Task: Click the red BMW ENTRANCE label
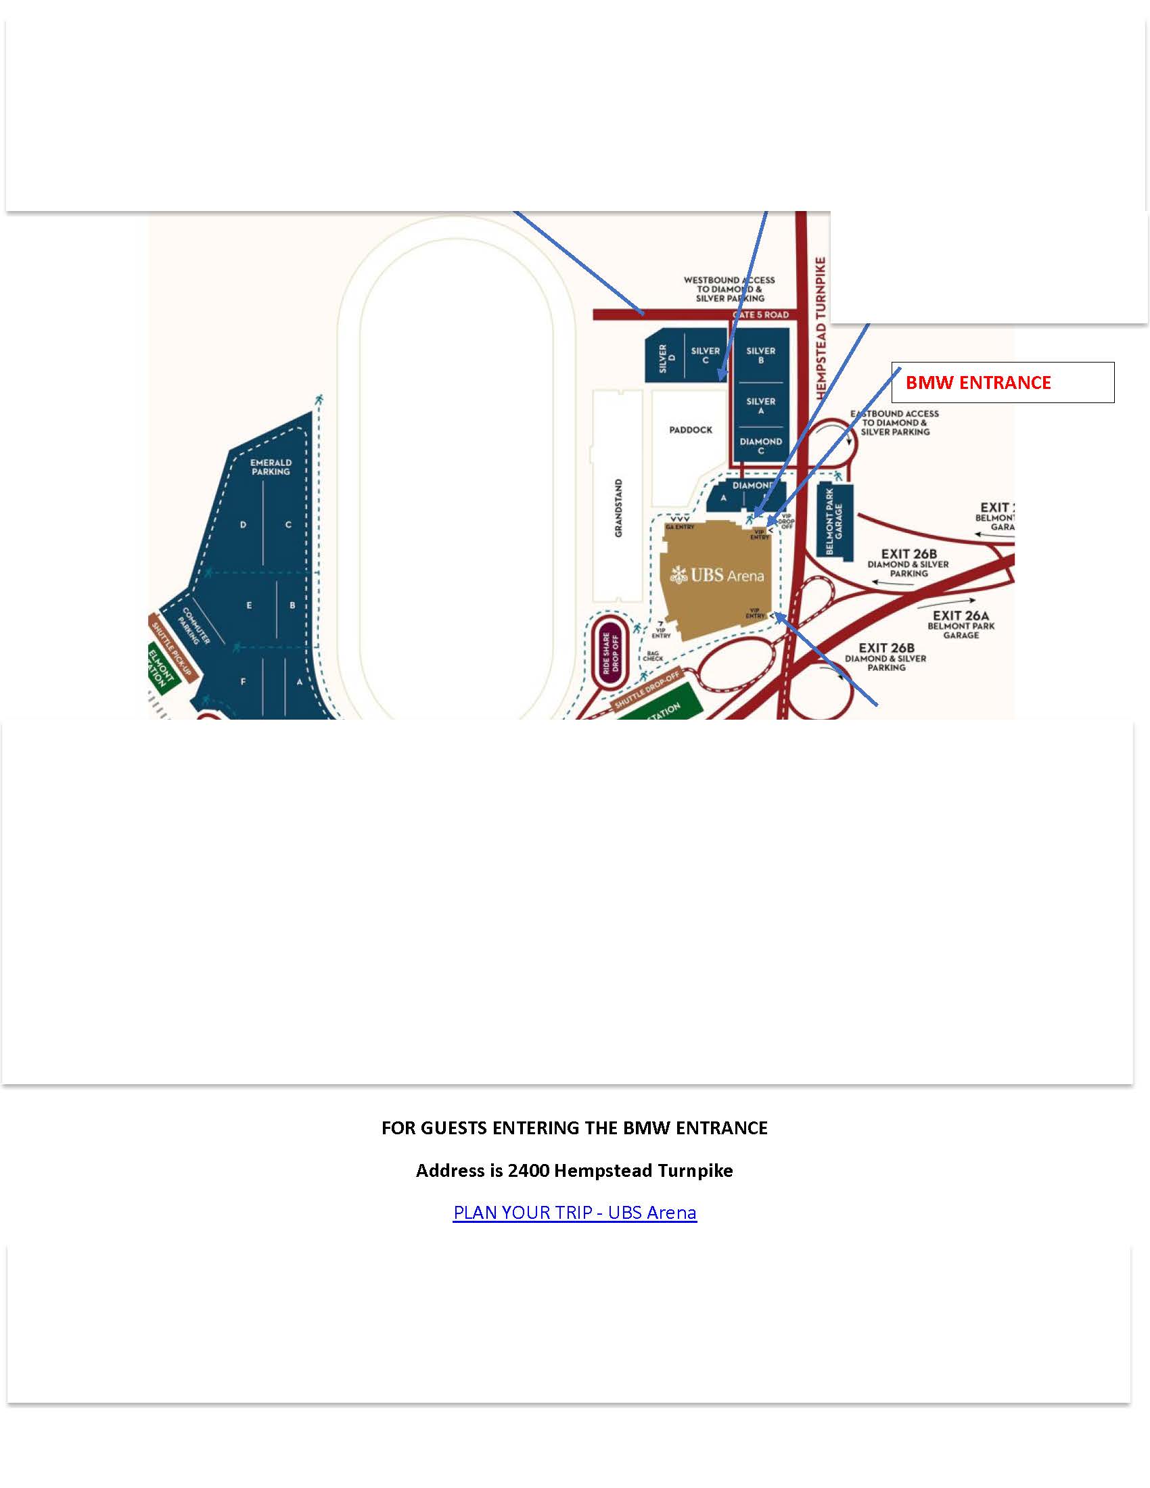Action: pos(977,383)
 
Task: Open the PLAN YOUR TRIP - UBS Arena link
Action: pos(574,1212)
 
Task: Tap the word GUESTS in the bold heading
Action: pos(454,1127)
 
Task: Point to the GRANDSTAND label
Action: pos(618,507)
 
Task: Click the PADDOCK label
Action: pos(690,430)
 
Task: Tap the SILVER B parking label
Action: pos(760,355)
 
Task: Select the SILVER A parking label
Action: pos(760,406)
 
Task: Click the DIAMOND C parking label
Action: pos(760,446)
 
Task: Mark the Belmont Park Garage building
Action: pos(835,521)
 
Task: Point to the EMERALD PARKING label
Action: pos(271,467)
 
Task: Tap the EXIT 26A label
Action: pos(961,616)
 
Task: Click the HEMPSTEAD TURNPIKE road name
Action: pos(821,327)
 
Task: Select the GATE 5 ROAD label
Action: pos(760,315)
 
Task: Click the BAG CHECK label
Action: pos(653,656)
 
